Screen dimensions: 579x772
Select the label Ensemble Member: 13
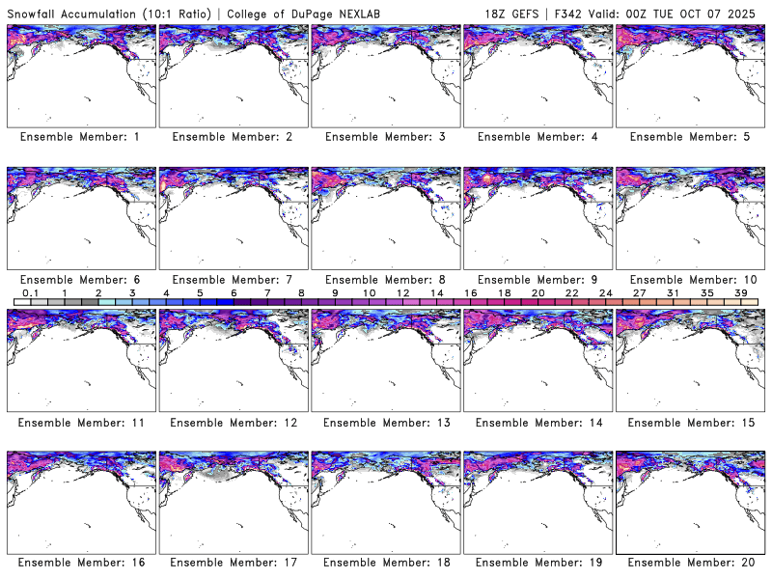pyautogui.click(x=384, y=423)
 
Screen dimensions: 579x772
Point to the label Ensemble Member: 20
pyautogui.click(x=689, y=563)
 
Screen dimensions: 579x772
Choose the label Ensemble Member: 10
pyautogui.click(x=689, y=280)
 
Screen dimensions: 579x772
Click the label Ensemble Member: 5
pyautogui.click(x=689, y=137)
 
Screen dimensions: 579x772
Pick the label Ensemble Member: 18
pyautogui.click(x=384, y=563)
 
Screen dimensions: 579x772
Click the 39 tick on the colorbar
pyautogui.click(x=740, y=292)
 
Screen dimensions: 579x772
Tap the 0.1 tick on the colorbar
pyautogui.click(x=30, y=292)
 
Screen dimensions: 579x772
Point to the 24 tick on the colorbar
pyautogui.click(x=605, y=292)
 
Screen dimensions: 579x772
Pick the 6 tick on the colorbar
pyautogui.click(x=234, y=292)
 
